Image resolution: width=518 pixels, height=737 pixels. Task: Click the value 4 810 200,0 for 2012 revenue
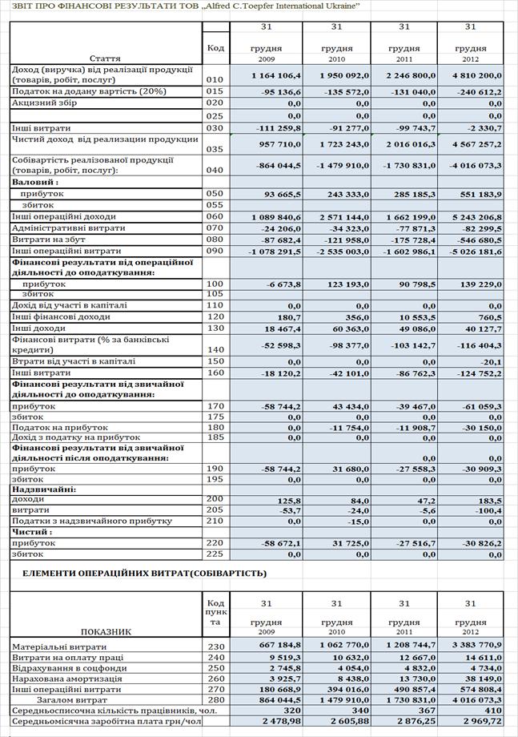click(x=474, y=77)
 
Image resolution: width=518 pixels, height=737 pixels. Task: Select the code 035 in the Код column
click(x=215, y=149)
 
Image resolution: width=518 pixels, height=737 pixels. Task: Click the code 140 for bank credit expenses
click(x=215, y=349)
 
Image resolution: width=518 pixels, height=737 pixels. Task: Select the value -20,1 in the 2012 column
click(x=489, y=361)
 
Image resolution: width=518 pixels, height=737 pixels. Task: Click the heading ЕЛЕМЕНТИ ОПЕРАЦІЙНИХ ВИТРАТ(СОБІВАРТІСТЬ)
click(x=144, y=574)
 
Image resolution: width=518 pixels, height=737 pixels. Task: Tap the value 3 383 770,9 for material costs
click(x=474, y=646)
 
